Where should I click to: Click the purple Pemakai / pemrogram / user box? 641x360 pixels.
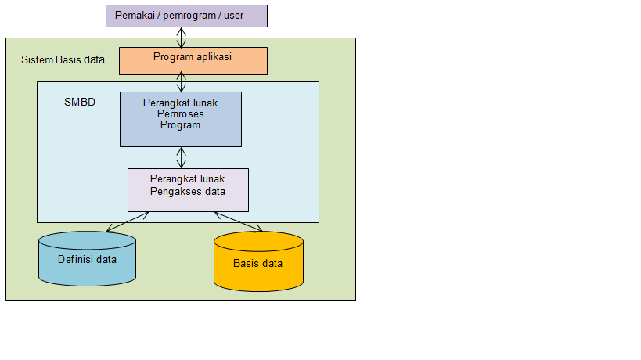[x=185, y=16]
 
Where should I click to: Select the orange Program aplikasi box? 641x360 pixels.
[x=193, y=61]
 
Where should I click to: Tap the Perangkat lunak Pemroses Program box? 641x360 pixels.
[x=181, y=119]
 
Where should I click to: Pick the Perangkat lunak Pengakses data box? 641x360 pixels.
[x=188, y=190]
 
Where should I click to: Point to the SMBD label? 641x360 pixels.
[x=80, y=103]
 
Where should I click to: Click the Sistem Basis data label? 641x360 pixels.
[x=63, y=59]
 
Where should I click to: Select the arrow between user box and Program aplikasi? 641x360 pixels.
[x=182, y=37]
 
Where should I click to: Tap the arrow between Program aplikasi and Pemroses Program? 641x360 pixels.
[x=182, y=81]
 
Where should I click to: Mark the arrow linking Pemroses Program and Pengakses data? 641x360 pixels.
[x=182, y=157]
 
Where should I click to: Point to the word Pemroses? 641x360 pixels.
[x=180, y=113]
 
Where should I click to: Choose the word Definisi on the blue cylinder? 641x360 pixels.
[x=76, y=258]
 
